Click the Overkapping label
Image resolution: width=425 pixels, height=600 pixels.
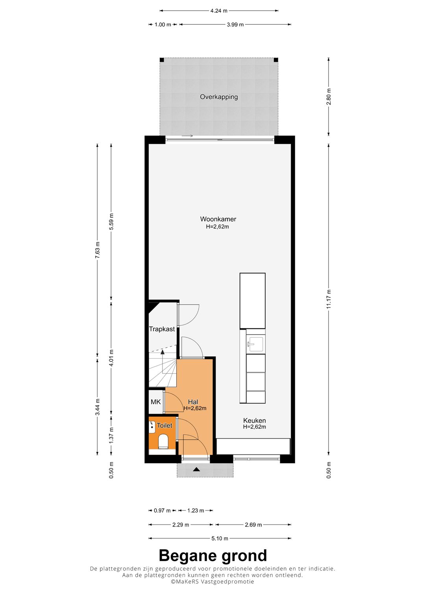(x=219, y=97)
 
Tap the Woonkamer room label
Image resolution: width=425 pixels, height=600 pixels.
(x=218, y=219)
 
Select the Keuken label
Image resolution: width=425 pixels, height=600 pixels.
(x=254, y=420)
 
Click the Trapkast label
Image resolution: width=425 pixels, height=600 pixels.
(x=162, y=329)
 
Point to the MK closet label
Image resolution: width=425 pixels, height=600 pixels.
(x=155, y=402)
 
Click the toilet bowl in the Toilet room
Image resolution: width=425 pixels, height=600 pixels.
(x=163, y=441)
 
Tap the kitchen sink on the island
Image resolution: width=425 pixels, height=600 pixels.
(x=256, y=344)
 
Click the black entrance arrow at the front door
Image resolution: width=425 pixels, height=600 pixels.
(x=197, y=469)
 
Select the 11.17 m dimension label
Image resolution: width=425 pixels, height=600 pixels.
(x=329, y=299)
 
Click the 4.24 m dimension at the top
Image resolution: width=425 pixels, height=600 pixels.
(x=219, y=11)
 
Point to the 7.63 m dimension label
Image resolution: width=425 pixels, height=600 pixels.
(x=98, y=250)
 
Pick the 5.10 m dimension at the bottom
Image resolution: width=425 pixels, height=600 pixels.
(x=220, y=538)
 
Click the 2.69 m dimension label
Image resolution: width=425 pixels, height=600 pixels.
(x=253, y=525)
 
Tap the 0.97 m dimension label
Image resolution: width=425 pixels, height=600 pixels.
(x=162, y=510)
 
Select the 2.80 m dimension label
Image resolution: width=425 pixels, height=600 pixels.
(x=329, y=97)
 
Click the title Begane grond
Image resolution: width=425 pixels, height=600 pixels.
(x=213, y=555)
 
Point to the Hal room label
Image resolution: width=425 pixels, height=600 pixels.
(x=193, y=402)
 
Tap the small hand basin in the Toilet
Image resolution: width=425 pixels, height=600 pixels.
(x=152, y=427)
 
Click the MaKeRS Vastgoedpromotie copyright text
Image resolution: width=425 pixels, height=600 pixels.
(x=213, y=582)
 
